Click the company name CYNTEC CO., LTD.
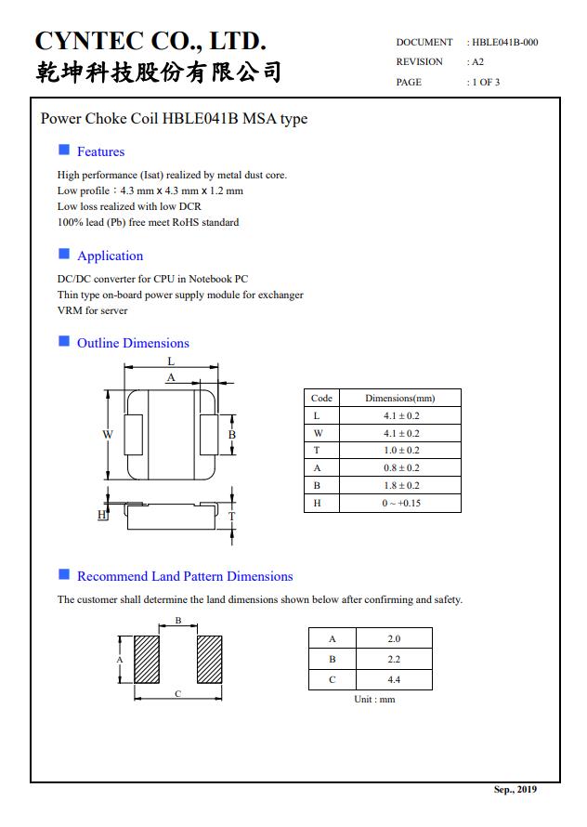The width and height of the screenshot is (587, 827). [x=150, y=41]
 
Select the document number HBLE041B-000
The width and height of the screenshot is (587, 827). [x=504, y=42]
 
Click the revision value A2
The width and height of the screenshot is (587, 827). [x=477, y=61]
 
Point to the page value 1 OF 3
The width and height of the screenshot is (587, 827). [x=486, y=82]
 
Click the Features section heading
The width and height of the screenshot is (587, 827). [x=100, y=151]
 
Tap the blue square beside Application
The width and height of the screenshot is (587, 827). [x=64, y=254]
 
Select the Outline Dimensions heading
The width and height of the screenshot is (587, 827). [x=133, y=343]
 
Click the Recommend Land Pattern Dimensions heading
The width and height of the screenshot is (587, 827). [x=185, y=576]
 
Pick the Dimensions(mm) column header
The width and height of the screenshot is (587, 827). [x=399, y=398]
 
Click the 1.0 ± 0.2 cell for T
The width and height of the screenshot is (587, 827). [x=400, y=451]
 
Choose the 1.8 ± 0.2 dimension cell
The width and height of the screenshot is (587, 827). [x=400, y=485]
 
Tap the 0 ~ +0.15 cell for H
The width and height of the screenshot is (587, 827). [x=400, y=503]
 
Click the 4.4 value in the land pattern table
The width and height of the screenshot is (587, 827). [x=394, y=679]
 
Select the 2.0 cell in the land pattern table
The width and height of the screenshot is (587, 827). [x=394, y=638]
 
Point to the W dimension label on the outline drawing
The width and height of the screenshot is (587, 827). [x=108, y=434]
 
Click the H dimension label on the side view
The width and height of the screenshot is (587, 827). [x=102, y=515]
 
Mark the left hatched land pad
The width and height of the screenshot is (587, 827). [x=148, y=660]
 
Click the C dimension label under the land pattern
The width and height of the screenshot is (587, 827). [x=178, y=694]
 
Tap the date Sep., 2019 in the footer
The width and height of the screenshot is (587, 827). [x=515, y=790]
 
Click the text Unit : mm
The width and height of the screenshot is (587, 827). [x=374, y=699]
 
